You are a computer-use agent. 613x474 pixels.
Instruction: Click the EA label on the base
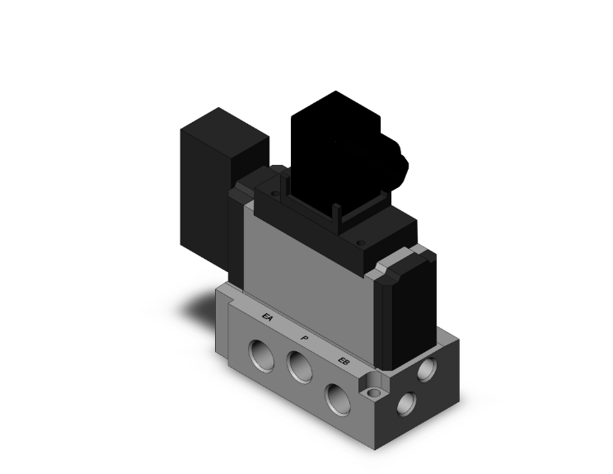[267, 317]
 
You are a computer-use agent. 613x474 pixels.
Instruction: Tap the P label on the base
[305, 339]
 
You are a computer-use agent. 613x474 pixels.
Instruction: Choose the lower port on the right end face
[406, 403]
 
